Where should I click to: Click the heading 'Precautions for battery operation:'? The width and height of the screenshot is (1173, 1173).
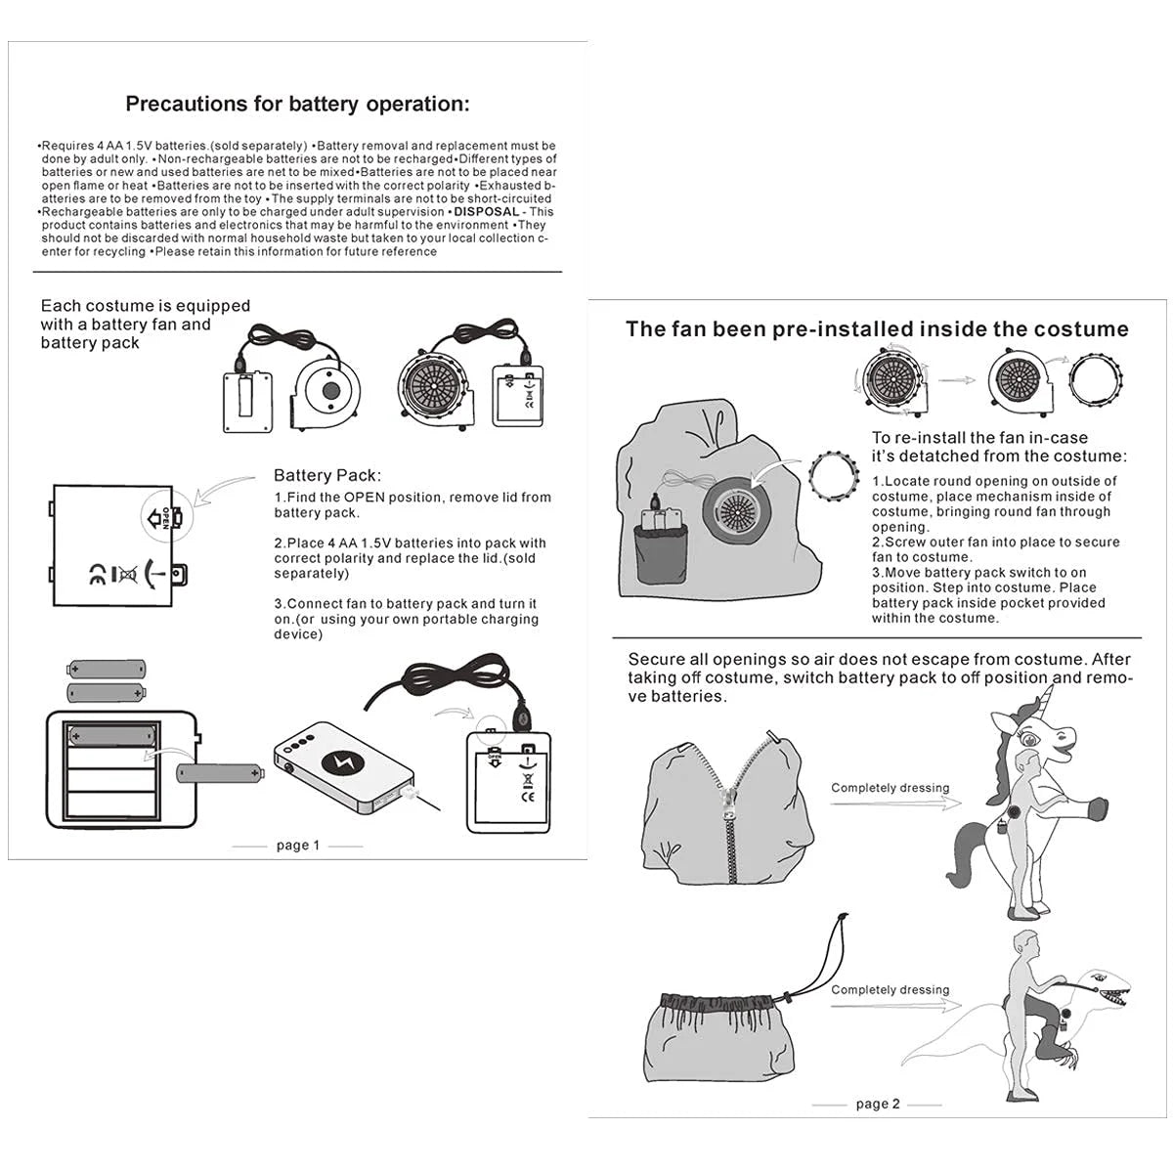coord(297,105)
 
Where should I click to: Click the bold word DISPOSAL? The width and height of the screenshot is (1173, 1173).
coord(486,212)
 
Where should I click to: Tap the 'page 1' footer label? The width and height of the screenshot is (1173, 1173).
coord(297,846)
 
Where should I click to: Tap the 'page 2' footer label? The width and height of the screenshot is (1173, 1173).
coord(877,1104)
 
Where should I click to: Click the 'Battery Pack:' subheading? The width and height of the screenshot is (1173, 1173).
coord(326,476)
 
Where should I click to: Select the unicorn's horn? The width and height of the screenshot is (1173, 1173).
coord(1049,700)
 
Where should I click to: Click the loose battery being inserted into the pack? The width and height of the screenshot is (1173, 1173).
coord(220,775)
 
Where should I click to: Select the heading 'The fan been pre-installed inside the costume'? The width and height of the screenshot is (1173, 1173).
coord(877,329)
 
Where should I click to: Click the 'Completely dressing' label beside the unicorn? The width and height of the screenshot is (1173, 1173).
coord(890,788)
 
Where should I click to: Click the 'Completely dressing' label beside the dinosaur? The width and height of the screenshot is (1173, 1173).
coord(890,990)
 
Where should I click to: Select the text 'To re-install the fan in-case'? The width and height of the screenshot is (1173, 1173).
coord(979,438)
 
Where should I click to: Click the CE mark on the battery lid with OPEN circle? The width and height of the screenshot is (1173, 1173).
coord(98,573)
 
